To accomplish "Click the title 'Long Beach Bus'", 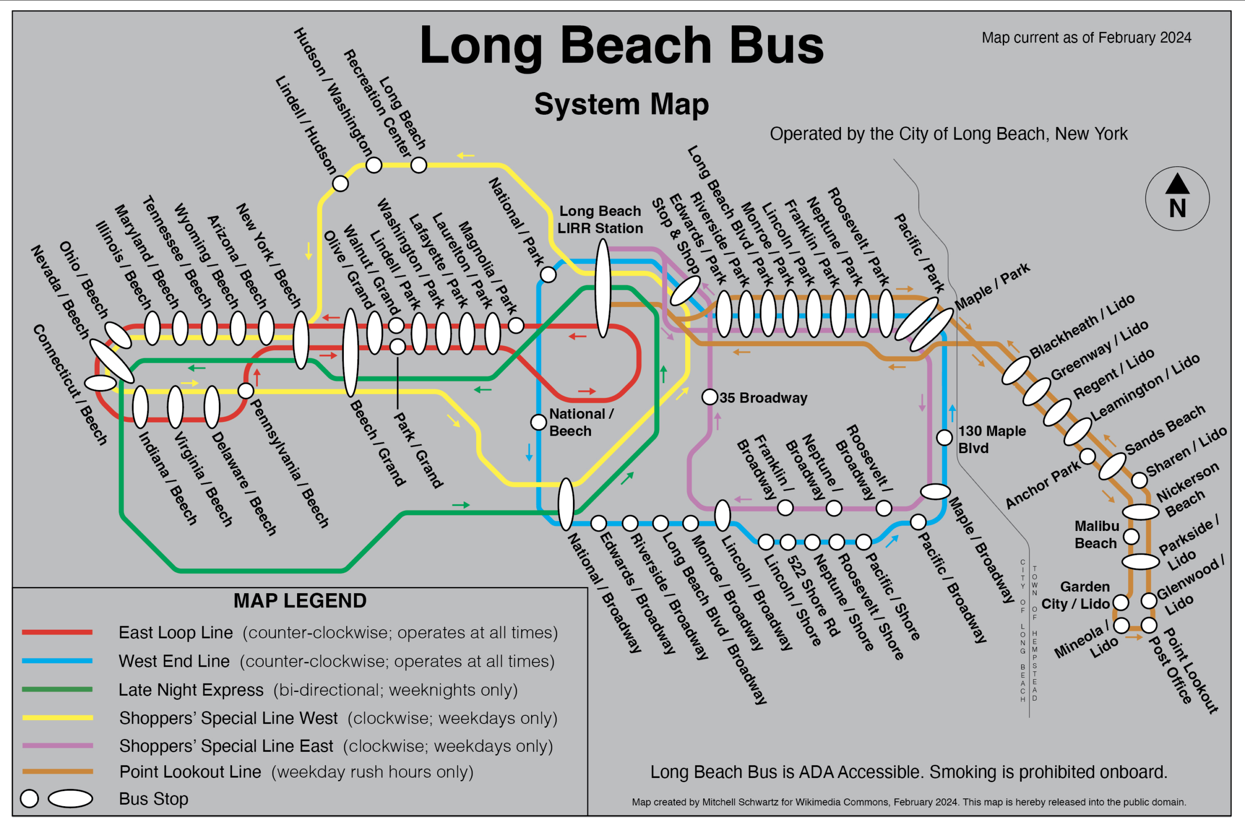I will (x=622, y=47).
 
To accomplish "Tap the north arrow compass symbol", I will (x=1177, y=198).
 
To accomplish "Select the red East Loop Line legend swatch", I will (x=57, y=632).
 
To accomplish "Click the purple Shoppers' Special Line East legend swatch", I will (x=57, y=745).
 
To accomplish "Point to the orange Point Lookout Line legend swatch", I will (x=57, y=771).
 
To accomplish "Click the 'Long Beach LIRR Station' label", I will (x=600, y=220).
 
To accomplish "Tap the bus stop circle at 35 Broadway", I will (x=710, y=396).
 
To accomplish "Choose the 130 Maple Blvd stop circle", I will (x=945, y=437).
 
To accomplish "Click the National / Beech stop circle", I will (x=538, y=422).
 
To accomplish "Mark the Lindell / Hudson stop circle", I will (x=340, y=184).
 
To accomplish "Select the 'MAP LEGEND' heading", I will (x=300, y=601).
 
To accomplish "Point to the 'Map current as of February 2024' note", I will (x=1086, y=37).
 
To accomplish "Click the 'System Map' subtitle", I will (x=622, y=104).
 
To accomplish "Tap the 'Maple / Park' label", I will (x=993, y=286).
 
